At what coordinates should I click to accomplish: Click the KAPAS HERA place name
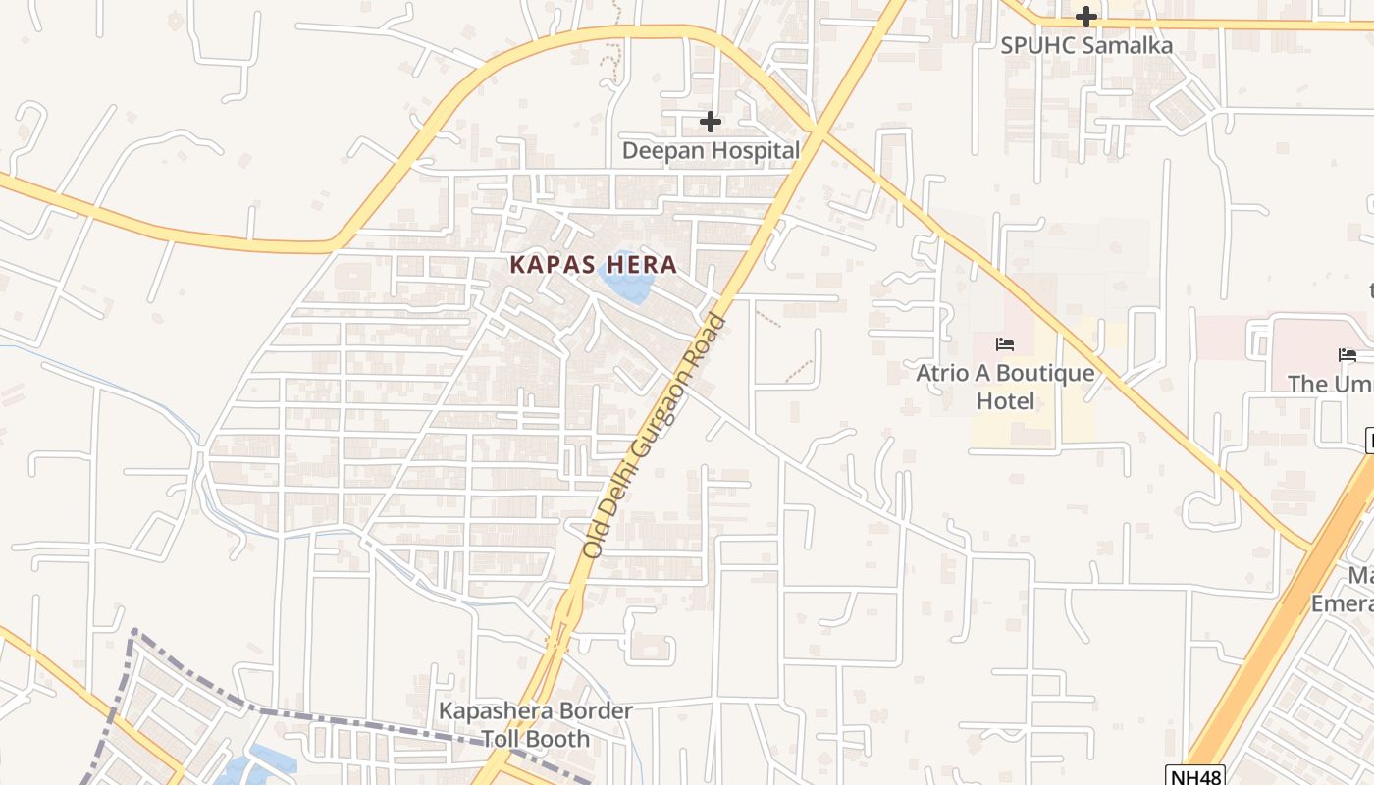593,264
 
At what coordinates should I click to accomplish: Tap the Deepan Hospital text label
711,150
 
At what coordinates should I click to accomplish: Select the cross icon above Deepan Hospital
711,122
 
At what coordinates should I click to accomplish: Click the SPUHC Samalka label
1085,45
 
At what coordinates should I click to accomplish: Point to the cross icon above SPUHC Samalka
1085,17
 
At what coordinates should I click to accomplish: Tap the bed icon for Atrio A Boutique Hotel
1005,344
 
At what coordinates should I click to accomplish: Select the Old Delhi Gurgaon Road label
654,437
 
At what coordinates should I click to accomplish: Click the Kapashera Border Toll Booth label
536,724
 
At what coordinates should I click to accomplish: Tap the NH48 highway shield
1195,776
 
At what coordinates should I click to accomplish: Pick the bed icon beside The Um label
1347,355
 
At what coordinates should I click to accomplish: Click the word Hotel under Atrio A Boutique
1005,401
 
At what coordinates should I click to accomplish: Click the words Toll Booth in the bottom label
536,739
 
